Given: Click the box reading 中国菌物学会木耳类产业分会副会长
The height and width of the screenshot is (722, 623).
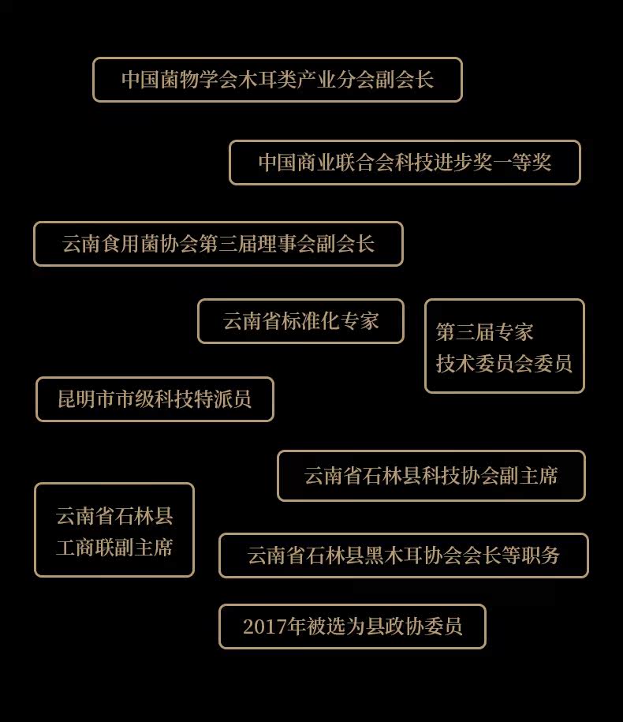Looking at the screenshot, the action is pyautogui.click(x=277, y=80).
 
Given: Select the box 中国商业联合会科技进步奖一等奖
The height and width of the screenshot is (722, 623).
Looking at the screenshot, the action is pyautogui.click(x=405, y=163).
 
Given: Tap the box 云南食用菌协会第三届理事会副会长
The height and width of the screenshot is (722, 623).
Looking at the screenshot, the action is pyautogui.click(x=218, y=244).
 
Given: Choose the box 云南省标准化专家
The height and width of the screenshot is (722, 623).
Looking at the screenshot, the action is pyautogui.click(x=300, y=321).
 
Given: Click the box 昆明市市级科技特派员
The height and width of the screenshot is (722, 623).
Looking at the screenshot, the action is pyautogui.click(x=155, y=399).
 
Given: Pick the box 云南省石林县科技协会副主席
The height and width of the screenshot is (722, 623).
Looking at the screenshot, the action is pyautogui.click(x=431, y=476).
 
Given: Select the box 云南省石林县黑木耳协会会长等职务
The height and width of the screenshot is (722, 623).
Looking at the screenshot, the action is pyautogui.click(x=403, y=556).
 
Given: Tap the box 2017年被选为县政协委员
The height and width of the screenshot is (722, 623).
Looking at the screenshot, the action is pyautogui.click(x=352, y=627).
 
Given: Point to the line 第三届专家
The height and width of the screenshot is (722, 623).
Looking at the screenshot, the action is pyautogui.click(x=485, y=332).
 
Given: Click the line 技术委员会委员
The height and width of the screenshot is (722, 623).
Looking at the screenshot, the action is pyautogui.click(x=504, y=363).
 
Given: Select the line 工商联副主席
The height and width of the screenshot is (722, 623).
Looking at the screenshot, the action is pyautogui.click(x=114, y=548).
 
